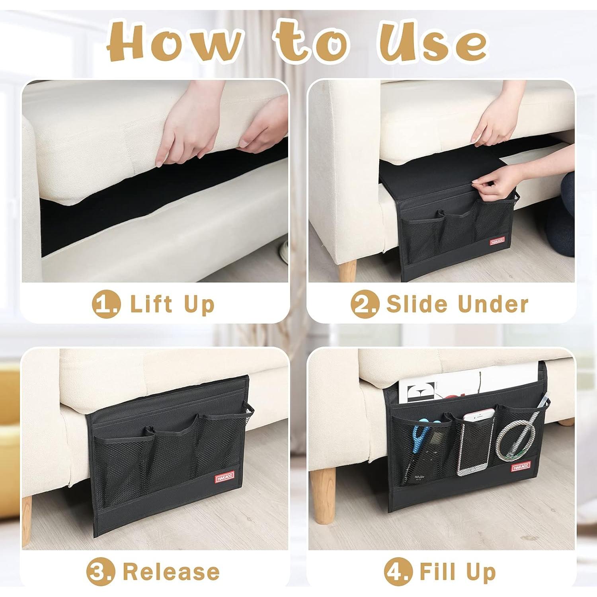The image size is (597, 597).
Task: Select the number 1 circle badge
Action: [106, 304]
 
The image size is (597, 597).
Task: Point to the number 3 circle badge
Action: [101, 572]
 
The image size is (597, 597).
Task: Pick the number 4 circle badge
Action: [398, 572]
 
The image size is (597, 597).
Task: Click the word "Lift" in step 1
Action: [151, 304]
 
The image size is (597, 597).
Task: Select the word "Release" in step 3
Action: [171, 572]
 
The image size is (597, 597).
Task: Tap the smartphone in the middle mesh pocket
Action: [472, 444]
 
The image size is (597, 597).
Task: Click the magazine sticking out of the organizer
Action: [458, 386]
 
